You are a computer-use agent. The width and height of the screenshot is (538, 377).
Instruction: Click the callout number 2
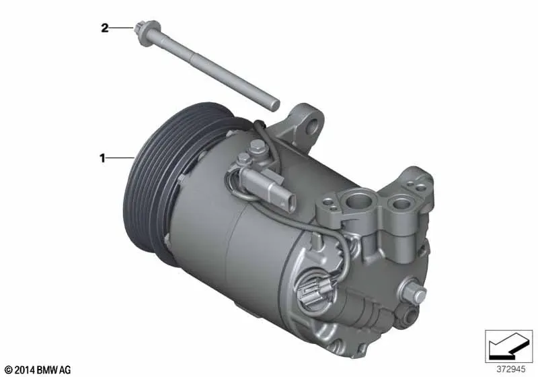click(x=104, y=28)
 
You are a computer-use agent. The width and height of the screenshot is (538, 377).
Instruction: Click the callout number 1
click(x=102, y=158)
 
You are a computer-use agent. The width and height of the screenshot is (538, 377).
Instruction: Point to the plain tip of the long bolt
click(x=274, y=105)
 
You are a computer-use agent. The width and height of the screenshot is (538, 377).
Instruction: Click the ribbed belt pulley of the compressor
click(x=161, y=178)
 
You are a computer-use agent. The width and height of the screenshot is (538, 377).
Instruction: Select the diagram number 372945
click(x=511, y=369)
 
